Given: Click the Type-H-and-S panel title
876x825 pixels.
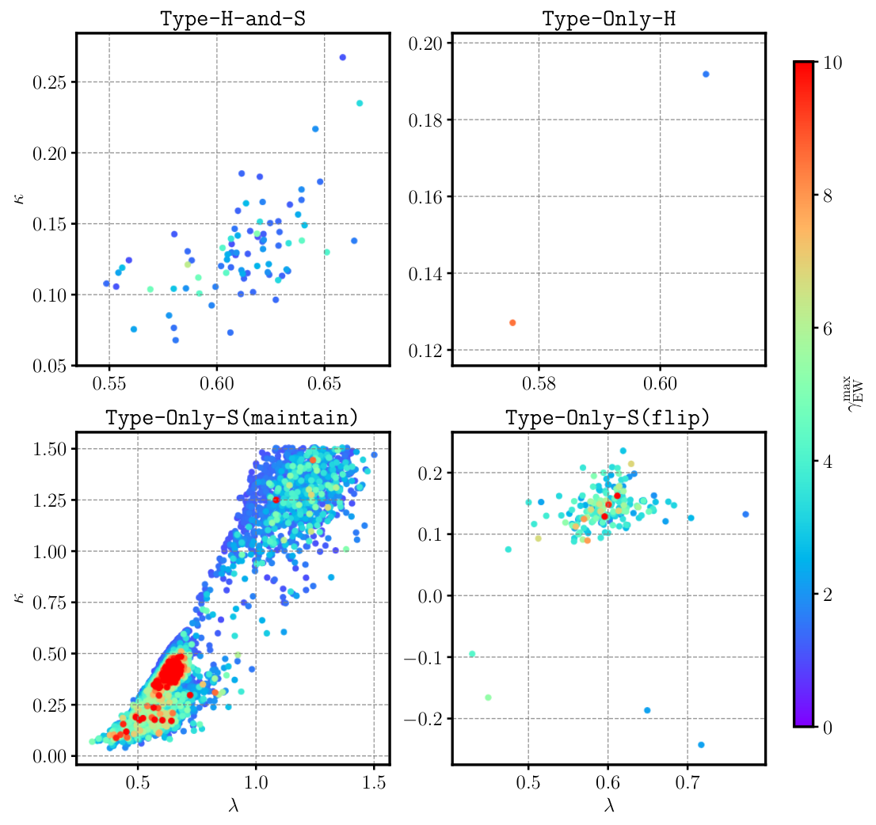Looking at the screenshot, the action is point(233,19).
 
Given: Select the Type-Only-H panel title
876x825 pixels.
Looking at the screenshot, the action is point(609,19).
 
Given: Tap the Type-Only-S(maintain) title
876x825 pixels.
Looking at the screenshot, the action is point(232,417).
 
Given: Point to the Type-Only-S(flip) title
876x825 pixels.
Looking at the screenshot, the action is point(607,417).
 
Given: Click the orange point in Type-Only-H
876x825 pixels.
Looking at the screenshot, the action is point(512,323).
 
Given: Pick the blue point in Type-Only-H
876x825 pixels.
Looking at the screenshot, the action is point(706,74).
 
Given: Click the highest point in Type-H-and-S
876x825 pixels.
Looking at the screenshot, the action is point(343,58).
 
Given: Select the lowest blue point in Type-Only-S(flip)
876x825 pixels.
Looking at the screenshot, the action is point(701,744).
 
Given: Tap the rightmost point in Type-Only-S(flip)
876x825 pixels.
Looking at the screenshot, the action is point(745,515).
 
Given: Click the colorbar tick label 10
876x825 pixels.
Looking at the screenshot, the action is point(832,63).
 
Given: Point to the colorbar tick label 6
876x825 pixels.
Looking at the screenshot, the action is point(828,329).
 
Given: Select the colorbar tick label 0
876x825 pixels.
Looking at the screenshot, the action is point(828,728).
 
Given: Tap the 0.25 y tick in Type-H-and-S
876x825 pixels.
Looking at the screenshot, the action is point(49,82).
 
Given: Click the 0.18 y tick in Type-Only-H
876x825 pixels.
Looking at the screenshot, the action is point(425,120).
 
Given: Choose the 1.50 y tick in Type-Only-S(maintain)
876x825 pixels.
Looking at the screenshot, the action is point(49,449).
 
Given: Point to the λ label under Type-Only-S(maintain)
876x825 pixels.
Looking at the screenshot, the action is point(234,805).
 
